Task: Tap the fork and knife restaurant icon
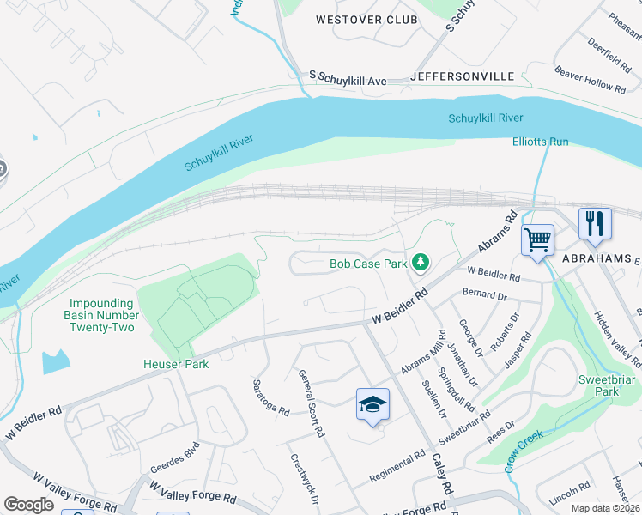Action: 595,224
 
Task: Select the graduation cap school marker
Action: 372,404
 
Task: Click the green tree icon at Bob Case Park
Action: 421,262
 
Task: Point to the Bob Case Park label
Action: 368,264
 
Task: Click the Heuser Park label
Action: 176,364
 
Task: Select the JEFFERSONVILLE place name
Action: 463,76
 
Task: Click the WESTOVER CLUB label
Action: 366,20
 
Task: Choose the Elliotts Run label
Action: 541,142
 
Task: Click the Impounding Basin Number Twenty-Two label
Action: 101,315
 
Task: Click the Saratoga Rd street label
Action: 270,397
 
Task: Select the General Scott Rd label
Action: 311,403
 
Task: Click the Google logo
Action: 28,505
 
